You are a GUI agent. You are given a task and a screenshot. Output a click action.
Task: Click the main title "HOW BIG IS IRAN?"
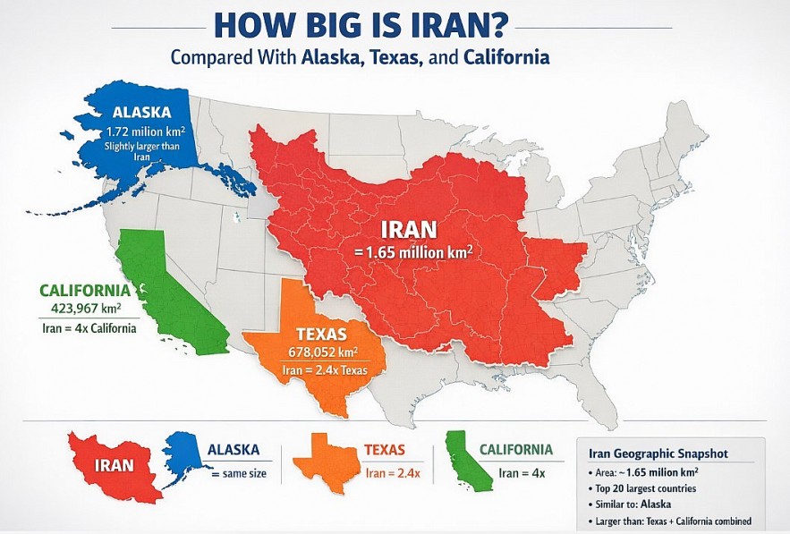[x=395, y=22]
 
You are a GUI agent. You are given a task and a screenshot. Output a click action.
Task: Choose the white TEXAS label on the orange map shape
[x=317, y=333]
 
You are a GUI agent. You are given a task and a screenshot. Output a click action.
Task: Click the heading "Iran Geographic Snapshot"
[x=653, y=453]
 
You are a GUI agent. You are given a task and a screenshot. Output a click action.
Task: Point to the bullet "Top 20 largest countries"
[x=645, y=488]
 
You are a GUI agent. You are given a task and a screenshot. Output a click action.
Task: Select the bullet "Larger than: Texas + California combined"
[x=669, y=521]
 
